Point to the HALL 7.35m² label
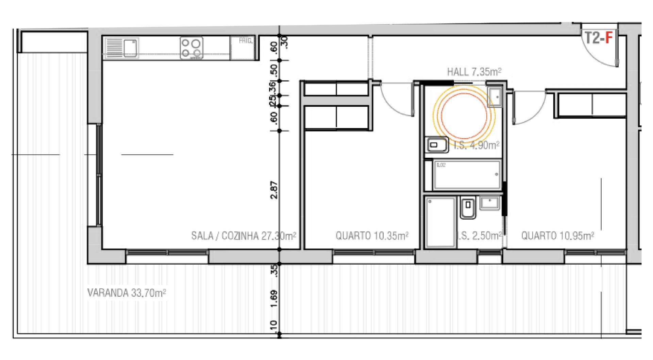(474, 72)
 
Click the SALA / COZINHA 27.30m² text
(243, 236)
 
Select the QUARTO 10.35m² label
(372, 236)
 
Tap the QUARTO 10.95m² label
(557, 236)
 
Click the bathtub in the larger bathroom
(467, 175)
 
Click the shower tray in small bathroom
(440, 222)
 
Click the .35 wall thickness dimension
(275, 271)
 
